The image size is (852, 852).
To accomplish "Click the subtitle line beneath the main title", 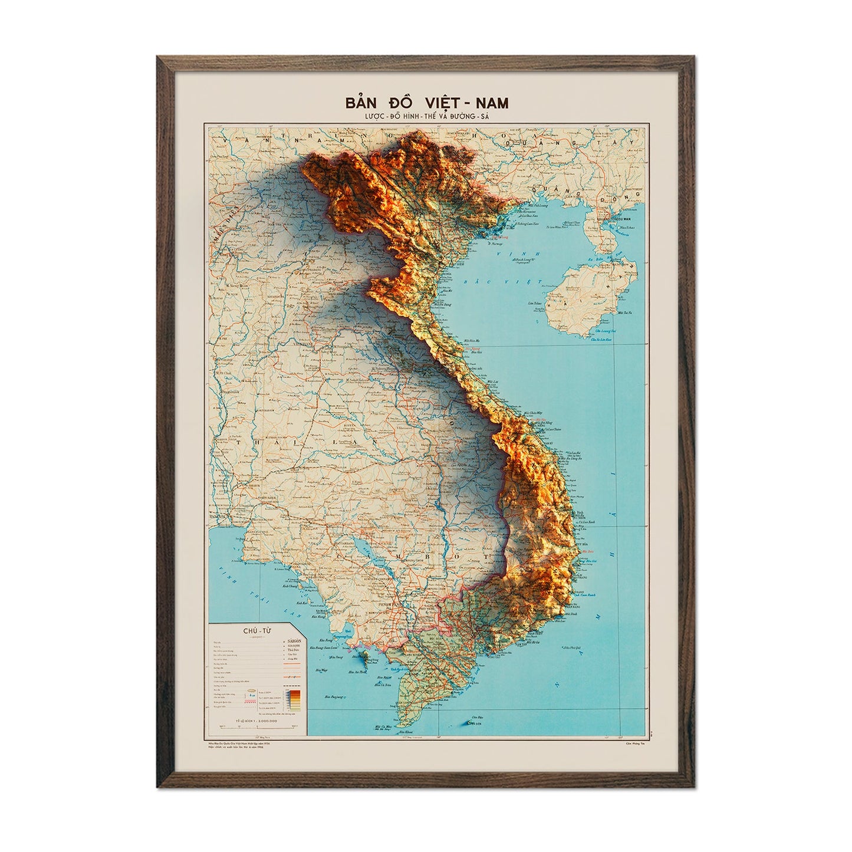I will [x=426, y=116].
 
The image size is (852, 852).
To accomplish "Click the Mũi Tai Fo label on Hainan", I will [x=623, y=313].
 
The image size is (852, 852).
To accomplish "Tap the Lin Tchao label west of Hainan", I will [x=535, y=302].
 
